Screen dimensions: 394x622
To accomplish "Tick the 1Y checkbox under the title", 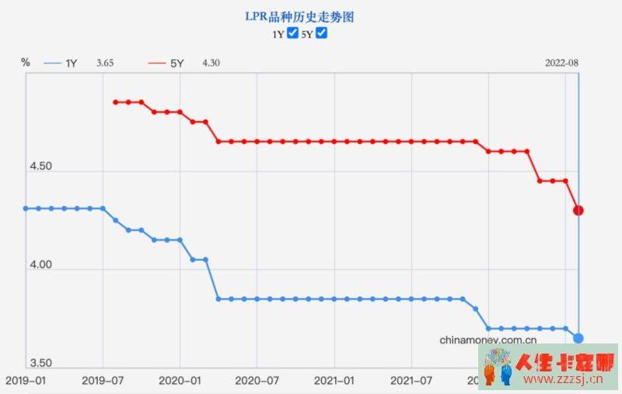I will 292,33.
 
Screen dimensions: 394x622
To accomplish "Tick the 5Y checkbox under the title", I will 321,33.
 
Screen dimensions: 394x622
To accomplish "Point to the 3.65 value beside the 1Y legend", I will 106,63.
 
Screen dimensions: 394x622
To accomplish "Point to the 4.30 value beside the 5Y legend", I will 211,63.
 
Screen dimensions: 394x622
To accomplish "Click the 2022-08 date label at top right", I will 561,63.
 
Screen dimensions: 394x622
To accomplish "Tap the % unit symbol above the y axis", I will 26,61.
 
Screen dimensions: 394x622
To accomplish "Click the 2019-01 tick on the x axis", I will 25,381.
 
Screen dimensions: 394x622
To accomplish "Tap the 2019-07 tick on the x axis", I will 103,381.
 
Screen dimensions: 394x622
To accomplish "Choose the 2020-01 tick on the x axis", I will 180,381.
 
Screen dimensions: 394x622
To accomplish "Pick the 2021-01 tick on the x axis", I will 334,381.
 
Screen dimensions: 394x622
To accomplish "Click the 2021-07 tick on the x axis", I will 411,381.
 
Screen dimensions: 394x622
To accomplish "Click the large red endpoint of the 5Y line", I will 578,210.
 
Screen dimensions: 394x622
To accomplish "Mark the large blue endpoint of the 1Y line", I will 578,337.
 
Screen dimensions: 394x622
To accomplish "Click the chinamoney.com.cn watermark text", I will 488,340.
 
